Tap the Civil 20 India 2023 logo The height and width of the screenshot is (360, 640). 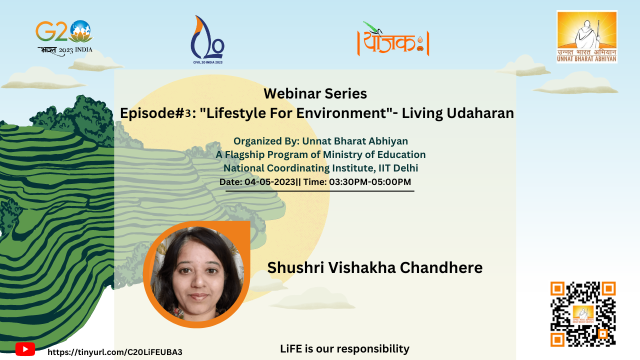207,39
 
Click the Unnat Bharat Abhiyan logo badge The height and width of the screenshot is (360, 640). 587,36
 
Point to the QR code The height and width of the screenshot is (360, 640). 583,314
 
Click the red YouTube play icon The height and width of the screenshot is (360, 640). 25,349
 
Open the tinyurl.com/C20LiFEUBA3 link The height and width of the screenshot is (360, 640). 115,352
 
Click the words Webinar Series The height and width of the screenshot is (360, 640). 315,93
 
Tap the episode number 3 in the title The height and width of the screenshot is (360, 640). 187,113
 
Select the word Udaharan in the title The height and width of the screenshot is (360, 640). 480,113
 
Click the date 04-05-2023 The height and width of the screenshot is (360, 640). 269,181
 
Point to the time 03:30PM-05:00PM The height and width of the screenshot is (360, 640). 370,181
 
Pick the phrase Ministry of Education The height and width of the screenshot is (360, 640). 374,154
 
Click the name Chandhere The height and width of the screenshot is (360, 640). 441,267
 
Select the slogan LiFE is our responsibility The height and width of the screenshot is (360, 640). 344,349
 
